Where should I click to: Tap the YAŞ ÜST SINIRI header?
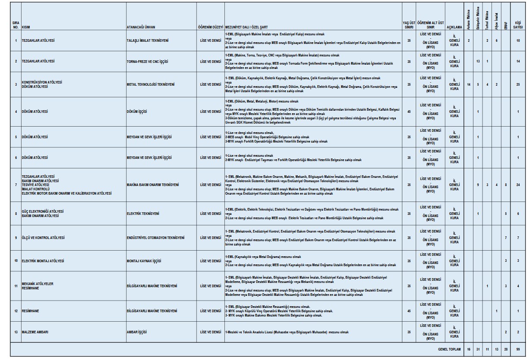[x=408, y=25]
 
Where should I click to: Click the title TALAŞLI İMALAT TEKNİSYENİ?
[x=147, y=40]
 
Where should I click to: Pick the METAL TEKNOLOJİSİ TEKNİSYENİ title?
[x=150, y=84]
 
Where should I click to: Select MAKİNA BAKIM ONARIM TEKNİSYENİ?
[x=152, y=185]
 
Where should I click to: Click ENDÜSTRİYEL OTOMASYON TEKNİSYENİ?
[x=156, y=238]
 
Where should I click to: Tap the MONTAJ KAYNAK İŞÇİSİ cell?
[x=143, y=261]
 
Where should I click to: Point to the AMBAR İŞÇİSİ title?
[x=137, y=332]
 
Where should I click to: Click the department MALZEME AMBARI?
[x=35, y=332]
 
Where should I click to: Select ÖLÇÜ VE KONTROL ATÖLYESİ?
[x=43, y=238]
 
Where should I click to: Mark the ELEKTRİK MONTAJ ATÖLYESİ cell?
[x=43, y=261]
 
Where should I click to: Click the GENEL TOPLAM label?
[x=449, y=349]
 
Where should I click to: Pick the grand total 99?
[x=518, y=349]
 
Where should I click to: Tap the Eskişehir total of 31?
[x=478, y=349]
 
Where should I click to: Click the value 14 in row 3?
[x=468, y=84]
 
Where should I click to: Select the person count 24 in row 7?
[x=518, y=185]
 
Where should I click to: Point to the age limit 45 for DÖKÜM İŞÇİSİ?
[x=408, y=112]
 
